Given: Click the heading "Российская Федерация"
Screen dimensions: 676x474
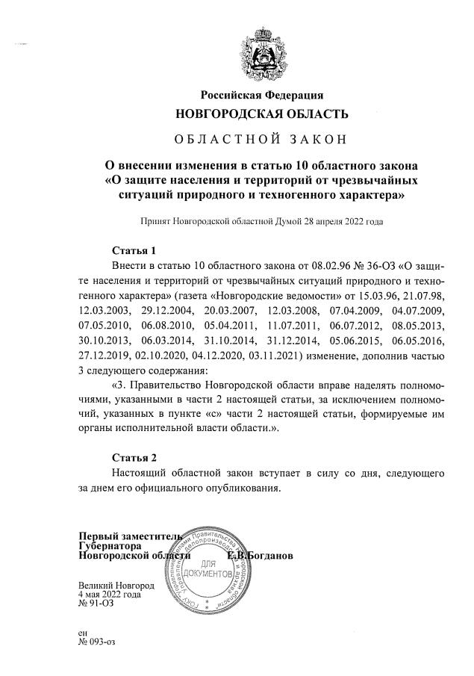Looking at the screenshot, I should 261,95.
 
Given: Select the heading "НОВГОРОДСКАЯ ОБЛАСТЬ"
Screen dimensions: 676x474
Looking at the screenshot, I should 261,114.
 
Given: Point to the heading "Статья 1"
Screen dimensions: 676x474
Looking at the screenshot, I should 134,250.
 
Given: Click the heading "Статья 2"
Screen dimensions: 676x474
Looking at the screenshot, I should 134,457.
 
